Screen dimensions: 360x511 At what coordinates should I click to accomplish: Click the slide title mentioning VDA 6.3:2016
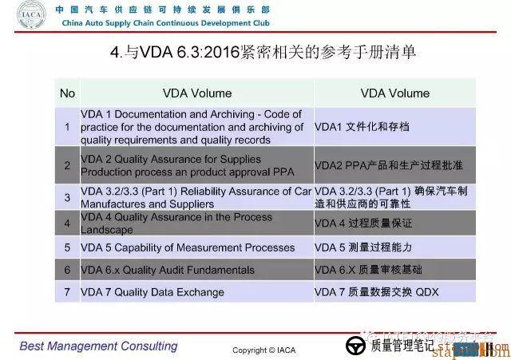click(x=263, y=53)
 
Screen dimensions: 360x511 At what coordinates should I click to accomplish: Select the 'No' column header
click(x=67, y=93)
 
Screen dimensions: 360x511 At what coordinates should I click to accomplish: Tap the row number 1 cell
click(x=67, y=127)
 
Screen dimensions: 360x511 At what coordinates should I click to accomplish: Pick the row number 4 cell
click(x=67, y=223)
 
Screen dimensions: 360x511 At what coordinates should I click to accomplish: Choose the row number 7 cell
click(x=67, y=292)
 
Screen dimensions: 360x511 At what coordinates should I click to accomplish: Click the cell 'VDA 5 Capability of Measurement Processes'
click(x=188, y=247)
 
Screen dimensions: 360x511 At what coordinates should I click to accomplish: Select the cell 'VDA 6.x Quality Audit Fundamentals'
click(x=168, y=270)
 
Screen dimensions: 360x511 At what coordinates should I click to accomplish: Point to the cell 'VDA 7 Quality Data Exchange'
click(x=153, y=292)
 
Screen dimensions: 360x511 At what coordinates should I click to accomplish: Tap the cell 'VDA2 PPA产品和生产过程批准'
click(x=389, y=165)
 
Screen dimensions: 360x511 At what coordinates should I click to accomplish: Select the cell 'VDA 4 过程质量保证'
click(x=363, y=223)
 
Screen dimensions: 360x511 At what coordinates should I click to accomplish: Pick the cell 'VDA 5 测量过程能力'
click(x=363, y=247)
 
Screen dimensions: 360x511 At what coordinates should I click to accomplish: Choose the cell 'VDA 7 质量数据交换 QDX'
click(x=377, y=292)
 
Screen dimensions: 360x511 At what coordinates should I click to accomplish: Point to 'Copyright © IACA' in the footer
click(x=264, y=350)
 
